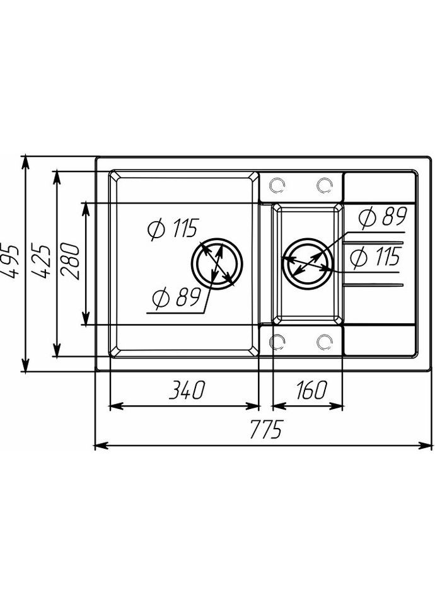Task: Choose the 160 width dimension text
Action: tap(309, 391)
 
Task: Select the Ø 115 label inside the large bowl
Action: tap(172, 229)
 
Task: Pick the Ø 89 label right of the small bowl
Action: tap(383, 217)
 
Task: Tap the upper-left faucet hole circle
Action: tap(276, 185)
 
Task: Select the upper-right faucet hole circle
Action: tap(325, 185)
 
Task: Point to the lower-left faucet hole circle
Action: tap(276, 341)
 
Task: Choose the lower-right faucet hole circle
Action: tap(325, 341)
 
